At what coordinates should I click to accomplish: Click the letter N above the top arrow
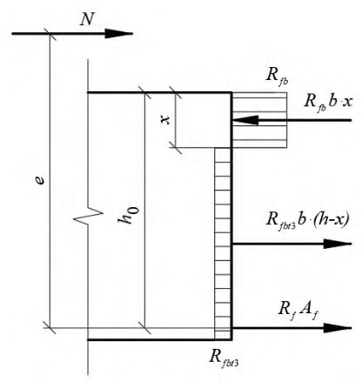[x=87, y=20]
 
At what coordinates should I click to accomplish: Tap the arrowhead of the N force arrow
[x=119, y=34]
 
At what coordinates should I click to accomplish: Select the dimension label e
[x=42, y=180]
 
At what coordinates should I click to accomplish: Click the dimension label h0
[x=129, y=215]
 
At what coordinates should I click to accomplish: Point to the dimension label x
[x=165, y=120]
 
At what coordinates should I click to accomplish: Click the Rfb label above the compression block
[x=277, y=77]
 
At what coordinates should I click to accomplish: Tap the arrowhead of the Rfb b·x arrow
[x=245, y=120]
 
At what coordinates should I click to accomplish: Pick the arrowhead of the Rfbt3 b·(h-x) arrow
[x=338, y=244]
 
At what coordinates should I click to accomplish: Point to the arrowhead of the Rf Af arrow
[x=338, y=328]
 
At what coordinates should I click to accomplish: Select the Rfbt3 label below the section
[x=224, y=359]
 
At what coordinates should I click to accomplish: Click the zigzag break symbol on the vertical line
[x=88, y=215]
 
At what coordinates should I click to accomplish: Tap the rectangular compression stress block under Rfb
[x=259, y=120]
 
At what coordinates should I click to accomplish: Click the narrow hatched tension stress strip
[x=223, y=243]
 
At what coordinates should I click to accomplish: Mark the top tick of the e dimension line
[x=50, y=34]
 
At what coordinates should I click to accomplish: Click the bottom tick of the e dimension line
[x=50, y=328]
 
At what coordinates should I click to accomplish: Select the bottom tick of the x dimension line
[x=176, y=148]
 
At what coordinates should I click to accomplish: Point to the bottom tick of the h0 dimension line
[x=144, y=328]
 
